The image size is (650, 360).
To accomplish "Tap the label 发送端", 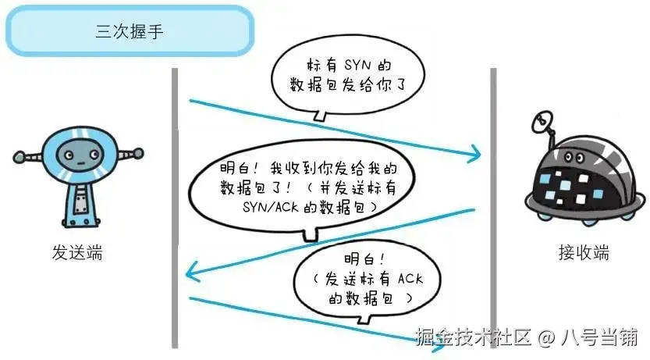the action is pyautogui.click(x=77, y=253).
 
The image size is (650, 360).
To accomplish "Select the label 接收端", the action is pyautogui.click(x=584, y=253).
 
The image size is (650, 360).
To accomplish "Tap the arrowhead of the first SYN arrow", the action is pyautogui.click(x=474, y=155).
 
